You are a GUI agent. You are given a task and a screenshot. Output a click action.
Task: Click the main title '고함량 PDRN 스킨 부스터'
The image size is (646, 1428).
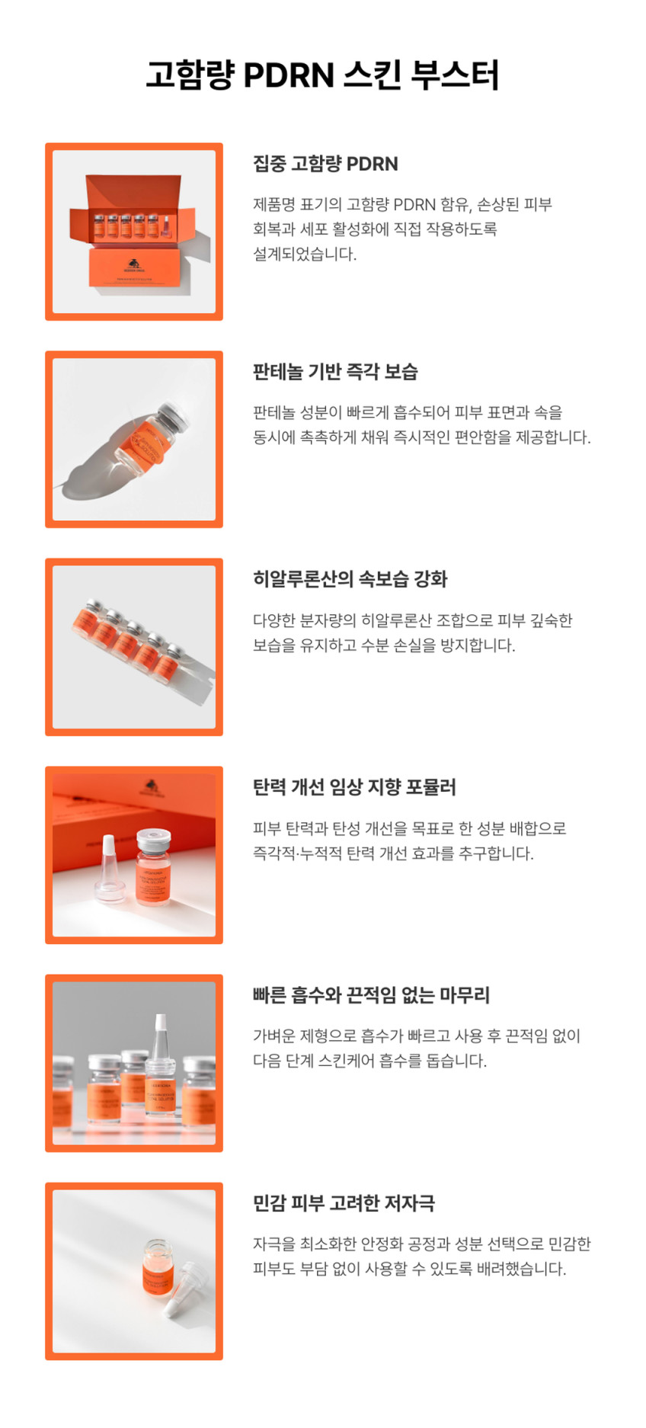[322, 75]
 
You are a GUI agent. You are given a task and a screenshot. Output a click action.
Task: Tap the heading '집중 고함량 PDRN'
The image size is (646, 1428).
[325, 164]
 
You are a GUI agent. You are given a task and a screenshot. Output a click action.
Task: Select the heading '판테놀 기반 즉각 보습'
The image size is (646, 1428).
[335, 372]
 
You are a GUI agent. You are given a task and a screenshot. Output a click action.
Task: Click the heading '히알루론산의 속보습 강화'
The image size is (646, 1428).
[350, 579]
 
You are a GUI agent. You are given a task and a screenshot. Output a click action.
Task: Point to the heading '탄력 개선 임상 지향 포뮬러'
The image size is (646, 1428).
[354, 787]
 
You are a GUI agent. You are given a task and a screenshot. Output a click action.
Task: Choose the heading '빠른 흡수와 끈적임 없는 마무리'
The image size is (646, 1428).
[371, 995]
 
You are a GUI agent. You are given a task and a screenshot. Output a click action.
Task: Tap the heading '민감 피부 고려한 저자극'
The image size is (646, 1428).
[344, 1203]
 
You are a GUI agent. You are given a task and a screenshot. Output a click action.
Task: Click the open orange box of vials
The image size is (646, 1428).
[133, 232]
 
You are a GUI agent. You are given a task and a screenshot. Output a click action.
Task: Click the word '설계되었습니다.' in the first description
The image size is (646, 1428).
[305, 254]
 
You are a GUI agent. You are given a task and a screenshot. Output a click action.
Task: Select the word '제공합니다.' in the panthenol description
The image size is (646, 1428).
[555, 437]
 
